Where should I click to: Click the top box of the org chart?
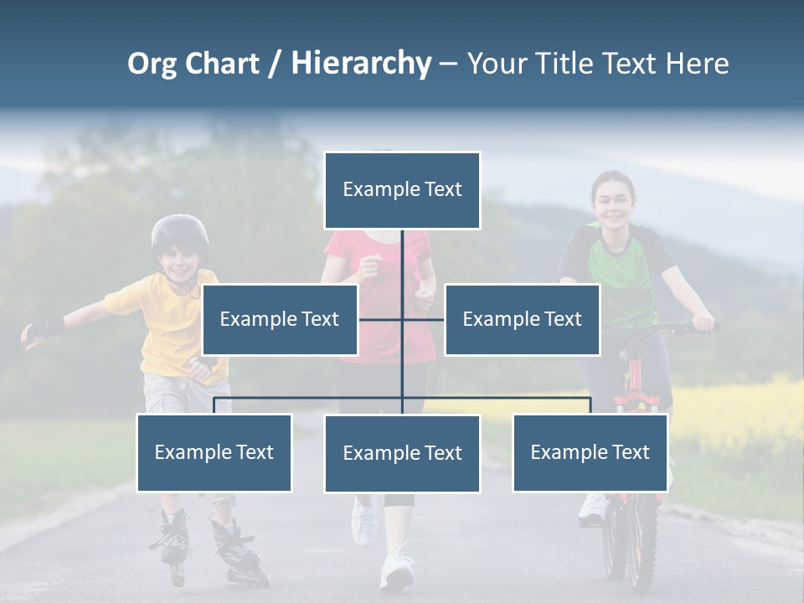(402, 190)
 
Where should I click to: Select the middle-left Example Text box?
(280, 319)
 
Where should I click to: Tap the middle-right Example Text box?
(522, 319)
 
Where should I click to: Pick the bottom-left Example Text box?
(214, 452)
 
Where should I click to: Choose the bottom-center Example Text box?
(402, 453)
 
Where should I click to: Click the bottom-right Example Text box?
(590, 452)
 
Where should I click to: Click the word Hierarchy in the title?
(361, 63)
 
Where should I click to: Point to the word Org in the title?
(153, 64)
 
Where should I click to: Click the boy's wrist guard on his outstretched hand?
(46, 327)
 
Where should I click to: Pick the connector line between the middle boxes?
(401, 319)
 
